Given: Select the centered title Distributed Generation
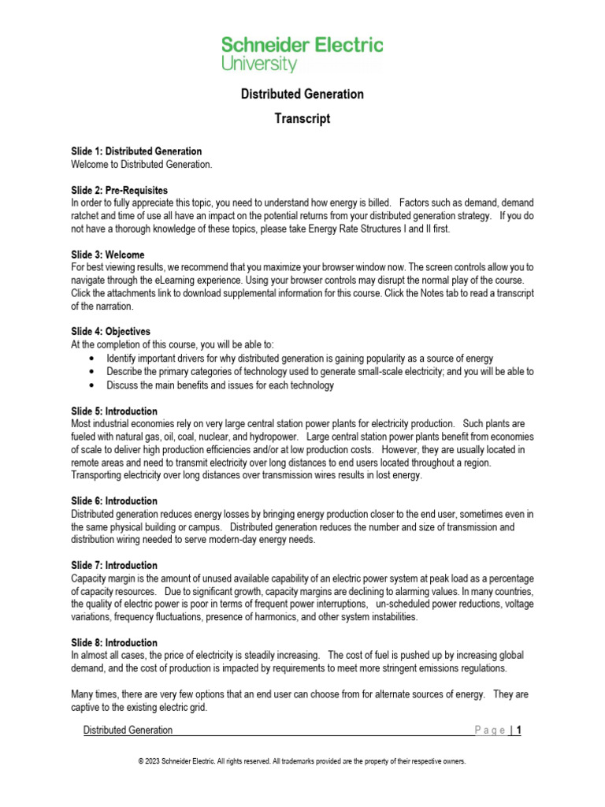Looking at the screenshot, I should (302, 94).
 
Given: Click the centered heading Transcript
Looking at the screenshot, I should (302, 119).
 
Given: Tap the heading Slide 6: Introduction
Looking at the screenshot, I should (114, 501).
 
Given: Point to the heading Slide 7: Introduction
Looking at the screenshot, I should (114, 566).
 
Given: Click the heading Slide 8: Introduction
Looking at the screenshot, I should (114, 643).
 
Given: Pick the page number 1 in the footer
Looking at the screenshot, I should (518, 731).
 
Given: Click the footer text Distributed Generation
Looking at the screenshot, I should (128, 731).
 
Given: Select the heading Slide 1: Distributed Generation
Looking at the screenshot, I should (136, 151).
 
